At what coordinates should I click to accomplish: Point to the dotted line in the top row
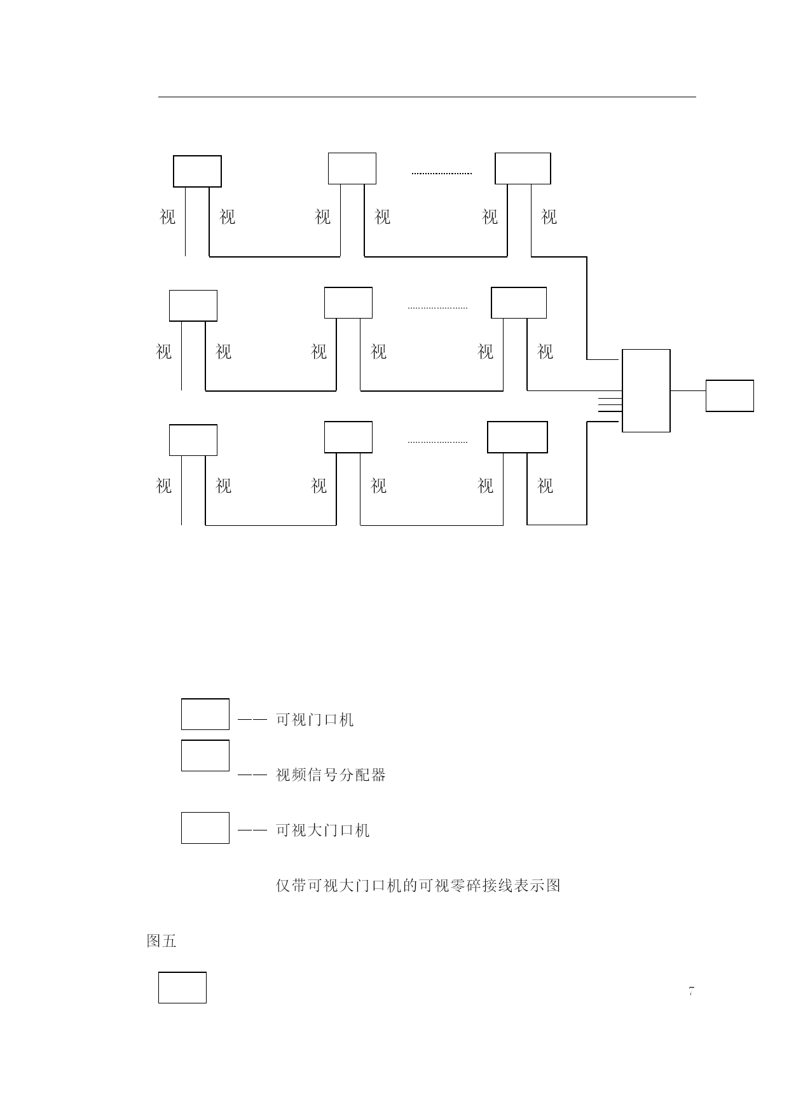point(442,173)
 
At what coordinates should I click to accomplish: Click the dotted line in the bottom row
point(437,442)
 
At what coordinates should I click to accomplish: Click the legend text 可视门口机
point(315,720)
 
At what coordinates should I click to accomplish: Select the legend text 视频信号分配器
point(331,775)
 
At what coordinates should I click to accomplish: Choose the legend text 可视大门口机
point(322,830)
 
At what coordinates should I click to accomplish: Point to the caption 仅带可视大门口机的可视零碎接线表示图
point(418,885)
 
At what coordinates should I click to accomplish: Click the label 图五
point(161,941)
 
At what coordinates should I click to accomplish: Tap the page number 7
point(691,991)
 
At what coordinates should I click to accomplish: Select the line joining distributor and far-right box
point(688,390)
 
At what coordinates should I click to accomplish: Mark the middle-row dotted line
point(437,308)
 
